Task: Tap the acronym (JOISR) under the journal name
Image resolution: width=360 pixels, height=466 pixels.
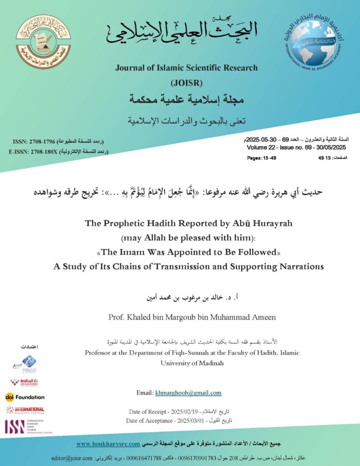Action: click(186, 83)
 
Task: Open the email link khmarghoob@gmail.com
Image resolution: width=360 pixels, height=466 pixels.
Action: click(188, 393)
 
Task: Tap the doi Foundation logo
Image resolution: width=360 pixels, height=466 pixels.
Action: click(25, 397)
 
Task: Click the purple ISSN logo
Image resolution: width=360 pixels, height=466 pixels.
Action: click(15, 426)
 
